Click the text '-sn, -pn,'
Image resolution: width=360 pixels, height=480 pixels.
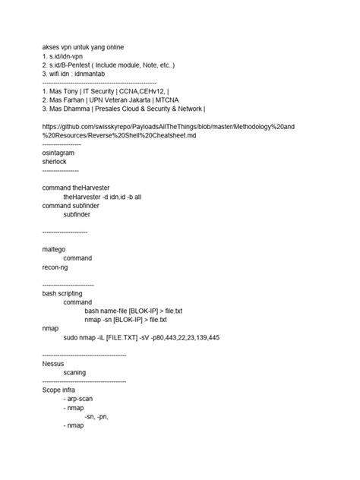(96, 415)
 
